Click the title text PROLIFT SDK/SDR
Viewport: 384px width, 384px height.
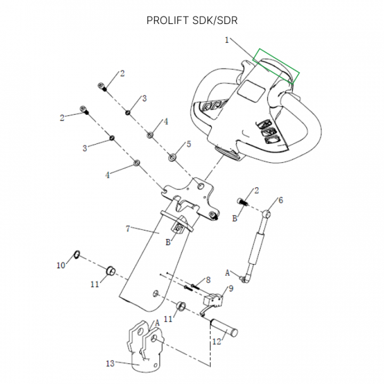point(191,21)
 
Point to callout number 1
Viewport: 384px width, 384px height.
point(227,40)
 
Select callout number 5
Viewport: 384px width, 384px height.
point(188,145)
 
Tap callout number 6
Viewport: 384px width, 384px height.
point(281,201)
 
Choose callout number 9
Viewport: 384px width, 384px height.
point(230,289)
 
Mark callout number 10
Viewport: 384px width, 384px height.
point(60,265)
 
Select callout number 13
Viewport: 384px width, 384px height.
point(110,364)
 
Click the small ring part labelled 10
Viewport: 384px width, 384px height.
point(77,254)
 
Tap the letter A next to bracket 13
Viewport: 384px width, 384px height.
point(157,323)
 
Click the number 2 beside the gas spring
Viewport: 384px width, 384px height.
point(257,190)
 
